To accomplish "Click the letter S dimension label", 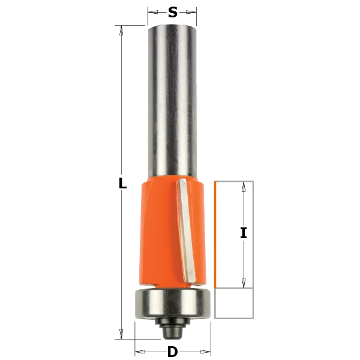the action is [173, 12].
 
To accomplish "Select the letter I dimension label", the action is [244, 233].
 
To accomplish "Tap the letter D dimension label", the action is [172, 352].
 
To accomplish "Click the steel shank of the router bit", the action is [172, 101].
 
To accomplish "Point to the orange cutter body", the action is [173, 232].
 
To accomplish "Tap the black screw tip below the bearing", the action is [173, 328].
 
